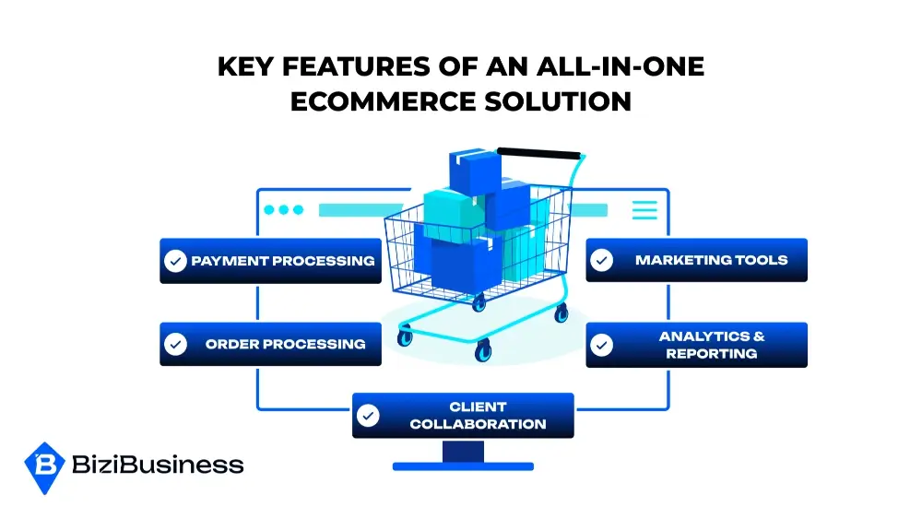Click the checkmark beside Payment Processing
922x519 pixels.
pyautogui.click(x=174, y=261)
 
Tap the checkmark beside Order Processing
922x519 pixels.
pyautogui.click(x=174, y=344)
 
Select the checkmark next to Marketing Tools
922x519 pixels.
pyautogui.click(x=601, y=261)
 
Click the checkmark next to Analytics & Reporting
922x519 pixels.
pyautogui.click(x=601, y=345)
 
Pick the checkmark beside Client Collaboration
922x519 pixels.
pyautogui.click(x=368, y=416)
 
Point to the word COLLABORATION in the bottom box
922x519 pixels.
pyautogui.click(x=478, y=425)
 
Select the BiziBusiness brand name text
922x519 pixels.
pyautogui.click(x=157, y=465)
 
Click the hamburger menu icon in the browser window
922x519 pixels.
pyautogui.click(x=644, y=210)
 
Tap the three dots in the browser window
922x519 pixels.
pyautogui.click(x=283, y=210)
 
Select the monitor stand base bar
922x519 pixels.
pyautogui.click(x=463, y=466)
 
